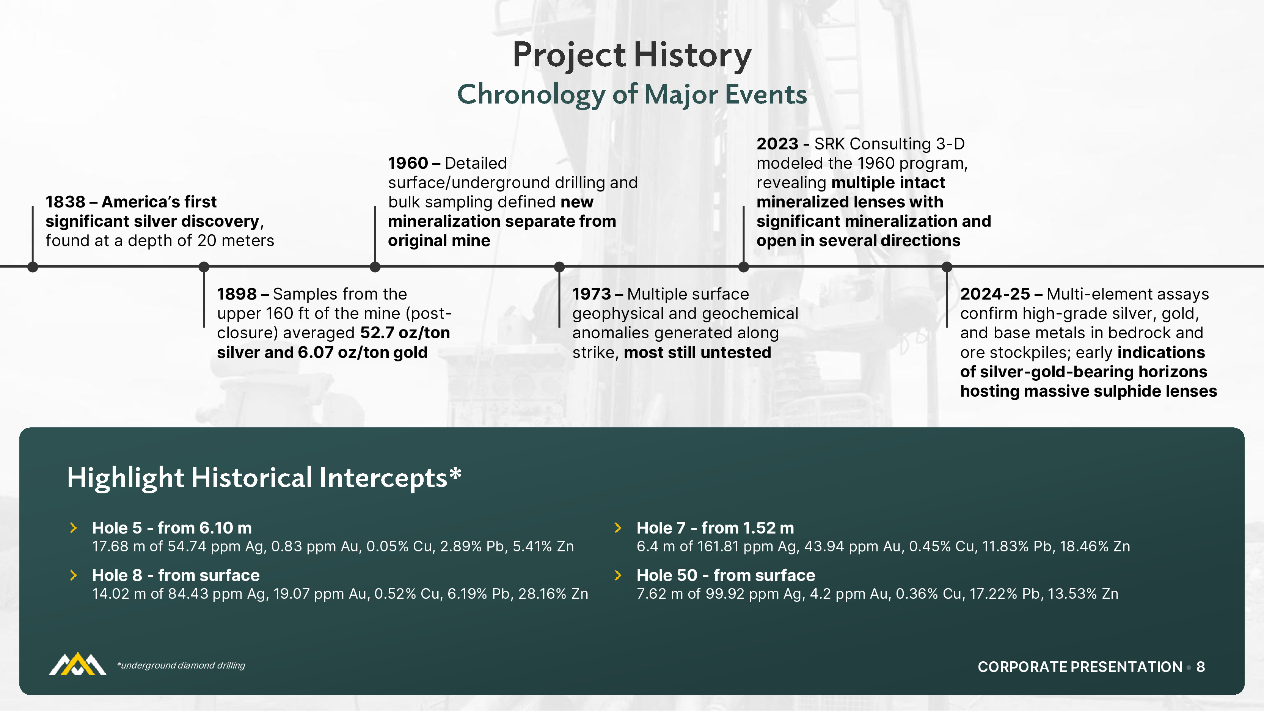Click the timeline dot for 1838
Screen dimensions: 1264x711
tap(33, 267)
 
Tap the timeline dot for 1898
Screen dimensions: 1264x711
tap(204, 267)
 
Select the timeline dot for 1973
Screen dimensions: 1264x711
tap(559, 267)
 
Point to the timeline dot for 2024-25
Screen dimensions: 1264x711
tap(947, 267)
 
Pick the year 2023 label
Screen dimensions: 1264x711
tap(777, 144)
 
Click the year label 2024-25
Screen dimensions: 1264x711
tap(995, 294)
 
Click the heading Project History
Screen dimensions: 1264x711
tap(632, 55)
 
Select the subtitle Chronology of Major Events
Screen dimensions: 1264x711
tap(632, 94)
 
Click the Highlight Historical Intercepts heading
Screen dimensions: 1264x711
tap(264, 478)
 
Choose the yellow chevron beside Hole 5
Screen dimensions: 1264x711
tap(74, 527)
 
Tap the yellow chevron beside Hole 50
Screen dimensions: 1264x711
tap(618, 575)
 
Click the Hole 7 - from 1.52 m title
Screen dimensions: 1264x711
tap(715, 528)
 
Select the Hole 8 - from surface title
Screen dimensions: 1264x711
tap(176, 575)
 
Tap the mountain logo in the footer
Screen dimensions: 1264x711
tap(77, 664)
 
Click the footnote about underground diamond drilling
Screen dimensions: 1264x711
tap(181, 665)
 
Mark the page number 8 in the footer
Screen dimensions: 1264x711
tap(1201, 667)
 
